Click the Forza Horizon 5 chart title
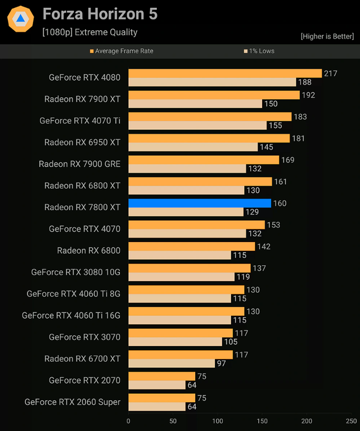[x=100, y=14]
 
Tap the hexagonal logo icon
[x=20, y=19]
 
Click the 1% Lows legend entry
[x=259, y=51]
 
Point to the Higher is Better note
[x=327, y=37]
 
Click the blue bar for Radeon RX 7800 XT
[x=200, y=203]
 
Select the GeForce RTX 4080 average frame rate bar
[x=225, y=73]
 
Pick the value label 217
[x=330, y=73]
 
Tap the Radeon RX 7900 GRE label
[x=79, y=164]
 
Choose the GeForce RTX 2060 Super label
[x=72, y=402]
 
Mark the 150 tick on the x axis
[x=262, y=421]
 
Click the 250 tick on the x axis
[x=351, y=421]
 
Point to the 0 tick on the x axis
[x=128, y=421]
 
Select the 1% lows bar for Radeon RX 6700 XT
[x=172, y=364]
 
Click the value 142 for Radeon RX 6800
[x=263, y=246]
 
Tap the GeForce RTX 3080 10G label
[x=75, y=272]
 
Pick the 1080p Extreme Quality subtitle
[x=89, y=32]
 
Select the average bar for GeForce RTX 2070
[x=161, y=376]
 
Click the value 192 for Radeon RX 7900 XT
[x=308, y=95]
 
